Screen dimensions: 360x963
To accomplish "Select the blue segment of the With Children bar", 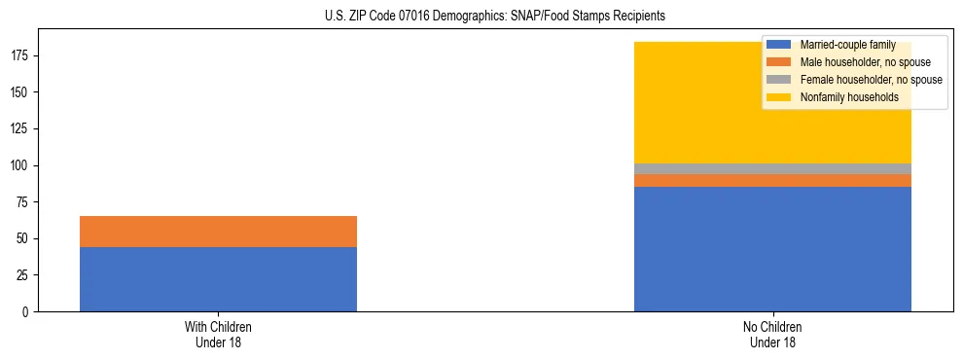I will point(218,279).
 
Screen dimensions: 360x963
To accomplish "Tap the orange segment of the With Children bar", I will point(218,232).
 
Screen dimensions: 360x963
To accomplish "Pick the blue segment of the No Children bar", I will point(772,249).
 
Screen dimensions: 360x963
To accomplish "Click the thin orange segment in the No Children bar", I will point(772,180).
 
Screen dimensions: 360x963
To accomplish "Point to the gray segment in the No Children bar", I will point(772,169).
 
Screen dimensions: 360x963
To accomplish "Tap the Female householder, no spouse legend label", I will point(870,80).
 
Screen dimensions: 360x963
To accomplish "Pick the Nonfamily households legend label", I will point(843,97).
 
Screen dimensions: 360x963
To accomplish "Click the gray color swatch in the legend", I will point(779,80).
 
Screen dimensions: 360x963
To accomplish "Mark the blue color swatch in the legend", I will point(779,45).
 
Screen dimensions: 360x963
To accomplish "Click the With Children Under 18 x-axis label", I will point(218,335).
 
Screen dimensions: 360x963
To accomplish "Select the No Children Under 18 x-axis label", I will point(772,335).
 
